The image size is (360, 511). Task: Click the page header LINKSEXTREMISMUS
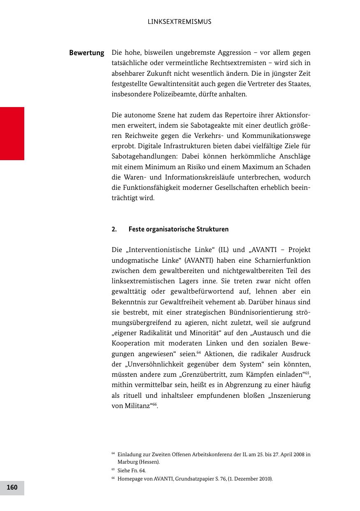click(x=179, y=22)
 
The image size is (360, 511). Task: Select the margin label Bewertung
click(x=86, y=53)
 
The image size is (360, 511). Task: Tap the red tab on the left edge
click(x=12, y=133)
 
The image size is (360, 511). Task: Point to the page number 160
click(x=12, y=488)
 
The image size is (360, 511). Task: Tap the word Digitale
click(x=150, y=146)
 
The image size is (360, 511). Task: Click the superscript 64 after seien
click(x=199, y=352)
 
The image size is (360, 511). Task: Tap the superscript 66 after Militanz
click(x=155, y=404)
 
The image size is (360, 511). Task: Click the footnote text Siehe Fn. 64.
click(x=131, y=470)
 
